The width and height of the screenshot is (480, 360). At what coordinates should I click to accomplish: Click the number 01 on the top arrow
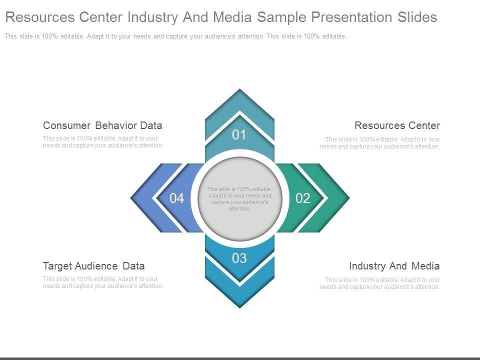click(x=239, y=134)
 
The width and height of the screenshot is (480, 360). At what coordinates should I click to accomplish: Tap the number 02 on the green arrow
click(x=303, y=198)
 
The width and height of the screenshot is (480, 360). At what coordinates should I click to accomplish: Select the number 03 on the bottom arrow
click(x=239, y=258)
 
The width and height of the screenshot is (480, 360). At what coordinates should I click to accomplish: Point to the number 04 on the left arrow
click(x=176, y=198)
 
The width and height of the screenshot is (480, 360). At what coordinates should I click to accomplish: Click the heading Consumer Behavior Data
click(x=102, y=125)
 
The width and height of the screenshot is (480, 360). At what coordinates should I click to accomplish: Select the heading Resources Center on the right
click(x=397, y=125)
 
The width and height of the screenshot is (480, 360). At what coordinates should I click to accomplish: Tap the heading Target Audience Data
click(x=94, y=266)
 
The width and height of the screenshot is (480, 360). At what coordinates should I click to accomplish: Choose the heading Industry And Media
click(x=394, y=266)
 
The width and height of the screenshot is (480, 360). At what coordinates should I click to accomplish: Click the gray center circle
click(x=240, y=220)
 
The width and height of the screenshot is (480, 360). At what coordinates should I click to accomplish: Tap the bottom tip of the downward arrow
click(x=240, y=306)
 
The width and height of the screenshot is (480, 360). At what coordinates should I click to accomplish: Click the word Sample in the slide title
click(x=282, y=17)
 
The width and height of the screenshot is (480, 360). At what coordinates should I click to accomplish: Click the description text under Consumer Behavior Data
click(x=103, y=142)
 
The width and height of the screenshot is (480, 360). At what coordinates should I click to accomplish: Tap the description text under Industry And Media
click(x=380, y=283)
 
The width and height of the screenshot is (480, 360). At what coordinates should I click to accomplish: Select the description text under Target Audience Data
click(x=103, y=282)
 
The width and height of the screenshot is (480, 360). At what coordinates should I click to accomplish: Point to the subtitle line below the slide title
click(x=175, y=36)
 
